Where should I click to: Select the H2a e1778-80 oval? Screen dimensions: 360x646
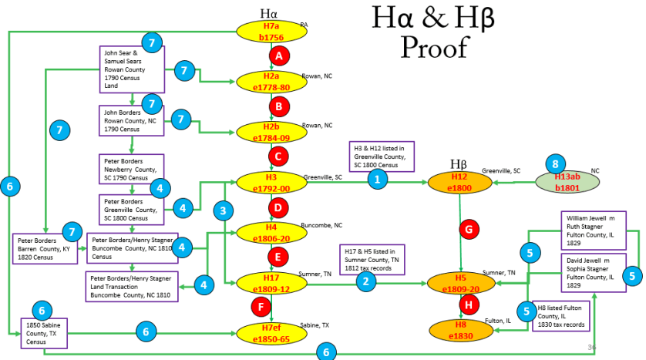[271, 81]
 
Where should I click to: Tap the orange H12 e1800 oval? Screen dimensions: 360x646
[459, 183]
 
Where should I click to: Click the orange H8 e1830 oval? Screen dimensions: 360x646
[460, 331]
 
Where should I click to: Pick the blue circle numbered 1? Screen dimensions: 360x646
[377, 179]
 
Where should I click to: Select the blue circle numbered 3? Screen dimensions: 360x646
[224, 210]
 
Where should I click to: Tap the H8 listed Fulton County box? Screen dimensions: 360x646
[562, 316]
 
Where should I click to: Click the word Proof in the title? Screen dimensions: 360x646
[434, 47]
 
